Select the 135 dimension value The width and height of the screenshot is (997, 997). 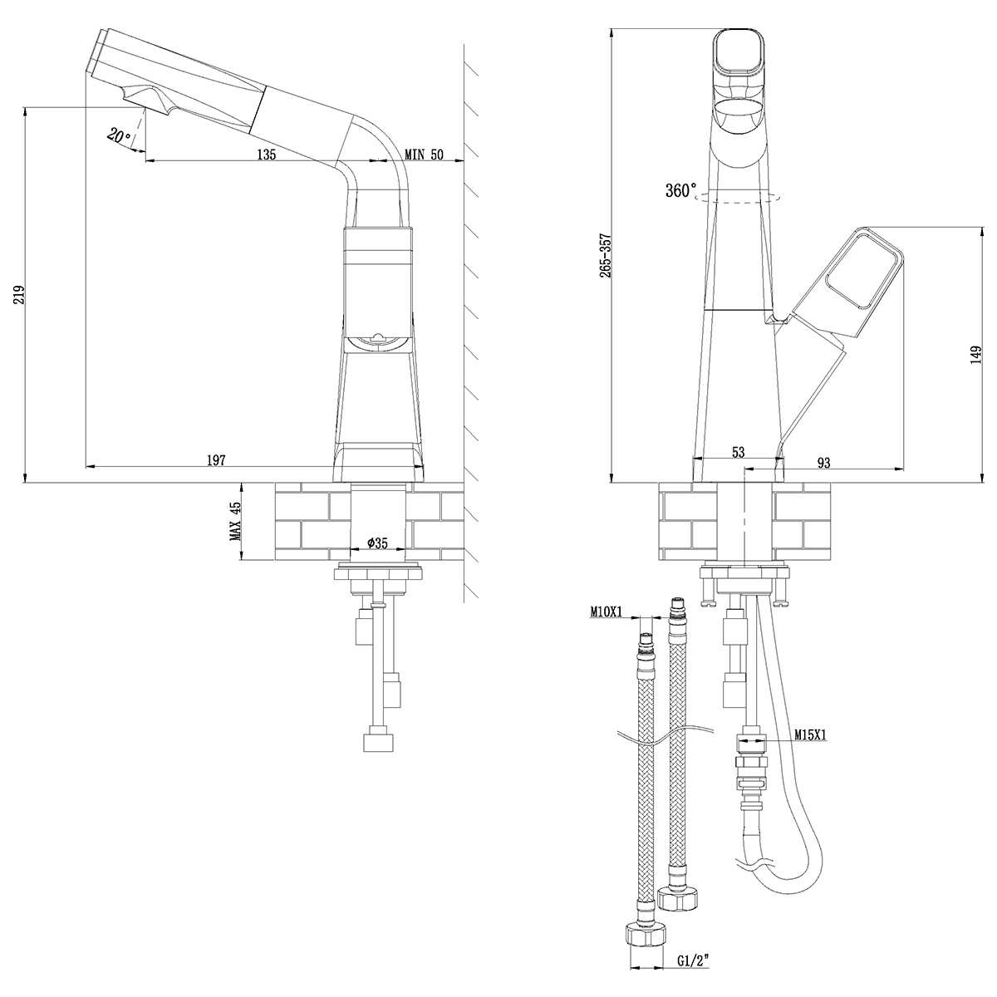pos(266,154)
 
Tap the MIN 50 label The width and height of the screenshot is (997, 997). pos(425,154)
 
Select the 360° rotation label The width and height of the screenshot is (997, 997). pos(680,191)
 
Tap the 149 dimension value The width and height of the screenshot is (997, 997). pos(978,355)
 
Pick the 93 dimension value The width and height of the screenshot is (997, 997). pos(825,462)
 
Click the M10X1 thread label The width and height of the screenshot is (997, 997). pos(608,612)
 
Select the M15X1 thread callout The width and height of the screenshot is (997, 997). pos(809,734)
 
